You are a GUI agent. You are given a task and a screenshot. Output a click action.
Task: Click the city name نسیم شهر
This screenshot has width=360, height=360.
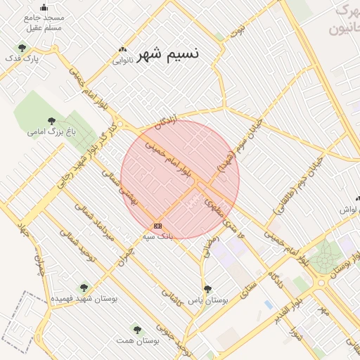click(168, 53)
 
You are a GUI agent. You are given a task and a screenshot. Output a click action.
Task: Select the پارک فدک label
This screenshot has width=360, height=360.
click(22, 58)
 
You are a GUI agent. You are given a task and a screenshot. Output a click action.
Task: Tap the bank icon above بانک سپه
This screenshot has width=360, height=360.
click(157, 226)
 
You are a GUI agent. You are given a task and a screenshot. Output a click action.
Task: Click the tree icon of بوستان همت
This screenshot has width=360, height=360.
click(137, 329)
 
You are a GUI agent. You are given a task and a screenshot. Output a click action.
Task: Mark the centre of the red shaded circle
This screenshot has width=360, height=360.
click(180, 179)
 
